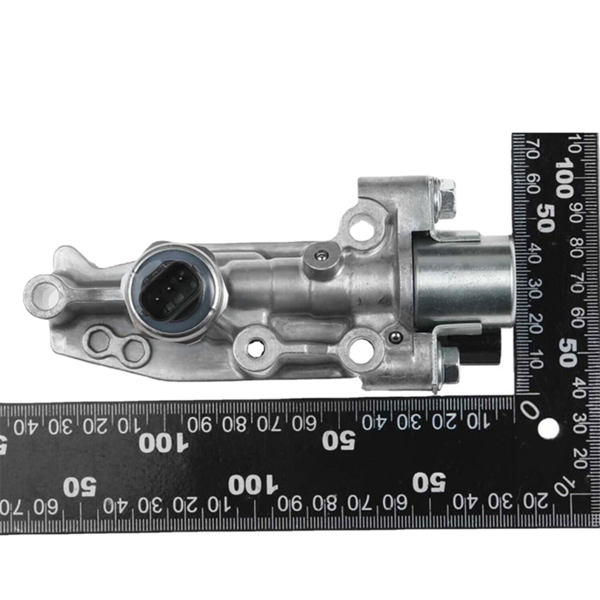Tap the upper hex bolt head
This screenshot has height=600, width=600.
(x=447, y=199)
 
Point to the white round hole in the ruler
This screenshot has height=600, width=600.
(x=548, y=428)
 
